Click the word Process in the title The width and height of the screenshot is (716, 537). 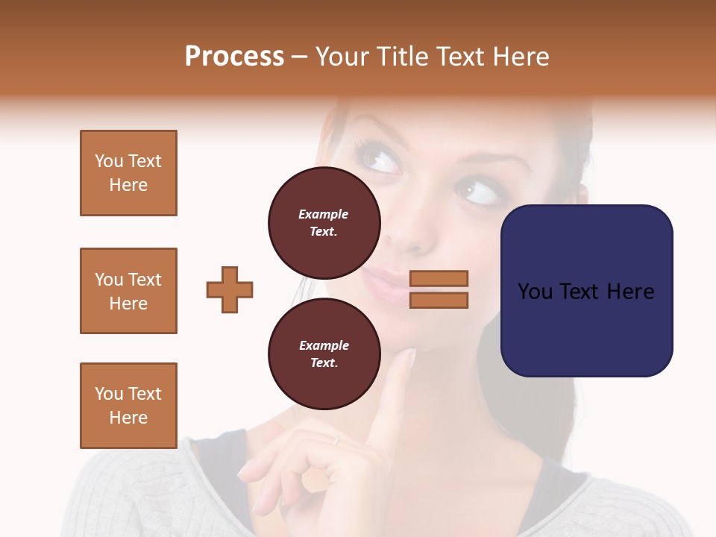coord(234,57)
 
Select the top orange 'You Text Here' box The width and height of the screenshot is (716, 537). coord(128,173)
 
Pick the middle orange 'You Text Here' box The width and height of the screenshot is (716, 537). coord(128,291)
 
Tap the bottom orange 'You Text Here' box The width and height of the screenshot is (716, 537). coord(128,406)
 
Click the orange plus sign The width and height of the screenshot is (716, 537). coord(230,289)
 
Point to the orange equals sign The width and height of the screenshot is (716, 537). coord(439,289)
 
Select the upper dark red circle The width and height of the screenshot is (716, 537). coord(324,223)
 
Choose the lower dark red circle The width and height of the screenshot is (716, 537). coord(324,354)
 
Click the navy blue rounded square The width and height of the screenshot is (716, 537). coord(586,291)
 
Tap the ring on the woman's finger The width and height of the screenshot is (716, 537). coord(337,441)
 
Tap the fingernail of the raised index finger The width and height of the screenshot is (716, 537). coord(409,357)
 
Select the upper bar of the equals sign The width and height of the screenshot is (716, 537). coord(439,278)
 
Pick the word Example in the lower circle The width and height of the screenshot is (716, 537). coord(324,345)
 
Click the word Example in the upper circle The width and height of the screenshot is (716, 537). coord(324,214)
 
